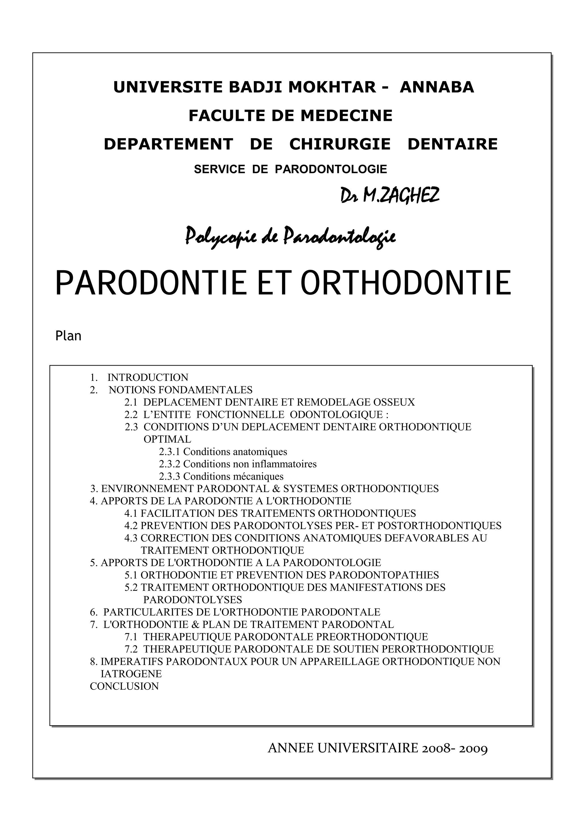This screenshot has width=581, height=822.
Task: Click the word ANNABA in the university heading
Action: pos(437,87)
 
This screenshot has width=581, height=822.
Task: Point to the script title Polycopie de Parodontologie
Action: pos(290,237)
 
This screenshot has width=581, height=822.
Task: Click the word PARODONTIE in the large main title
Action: pos(151,284)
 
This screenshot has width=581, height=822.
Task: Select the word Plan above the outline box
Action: pos(68,336)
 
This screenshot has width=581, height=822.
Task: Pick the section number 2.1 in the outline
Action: pos(131,402)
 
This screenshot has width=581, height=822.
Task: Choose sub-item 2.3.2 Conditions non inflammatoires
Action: pos(238,464)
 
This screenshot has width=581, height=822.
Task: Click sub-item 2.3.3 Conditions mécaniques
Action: pos(221,477)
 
